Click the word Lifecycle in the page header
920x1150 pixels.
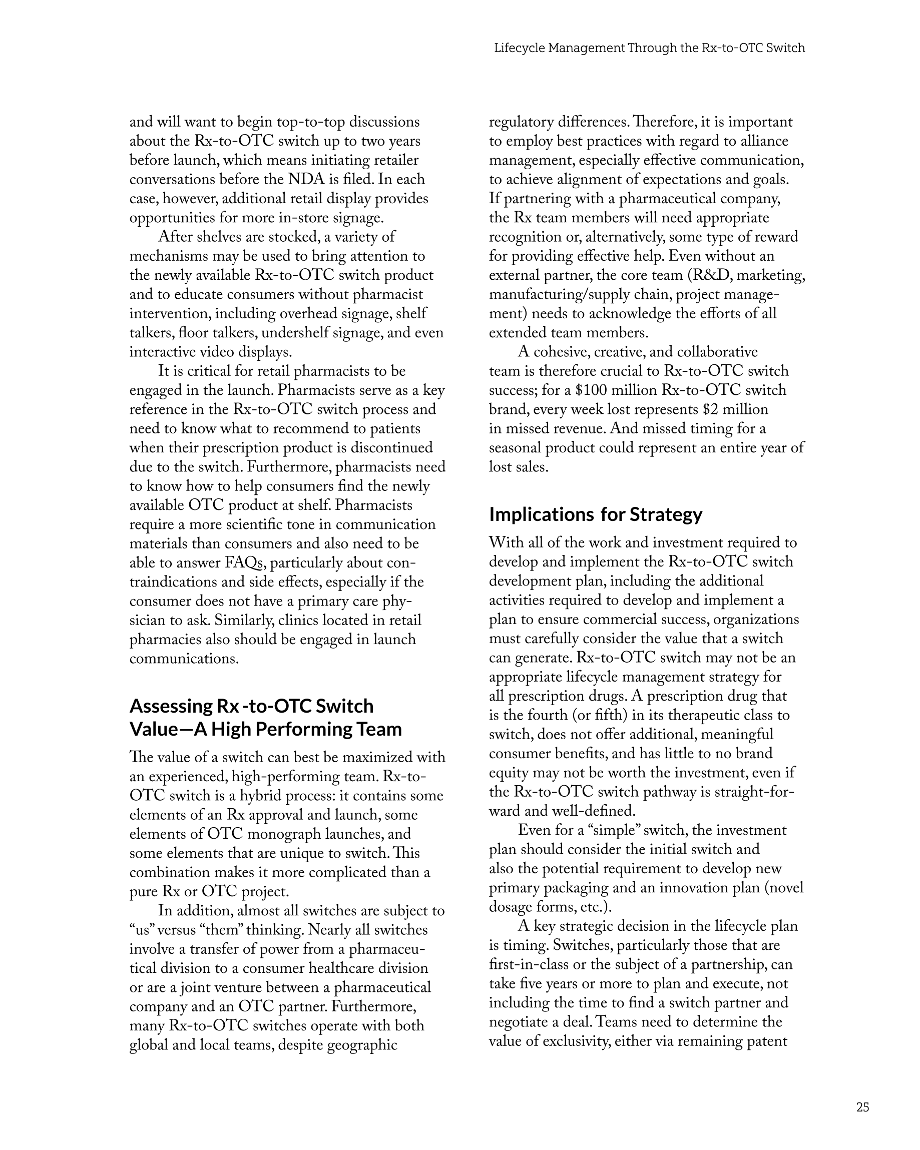519,48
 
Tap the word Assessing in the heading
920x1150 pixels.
171,706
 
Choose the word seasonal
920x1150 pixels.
515,448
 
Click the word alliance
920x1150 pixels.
761,141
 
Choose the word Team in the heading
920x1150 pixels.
378,729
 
